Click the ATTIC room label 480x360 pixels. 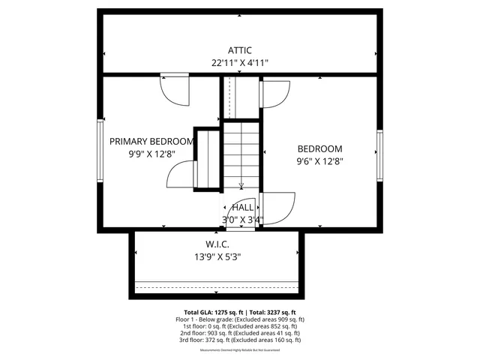point(240,50)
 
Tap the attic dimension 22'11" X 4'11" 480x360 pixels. point(240,64)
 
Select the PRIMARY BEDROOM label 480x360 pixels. point(152,141)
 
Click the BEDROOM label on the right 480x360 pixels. point(319,148)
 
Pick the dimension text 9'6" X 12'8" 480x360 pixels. point(319,160)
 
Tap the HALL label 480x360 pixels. point(242,207)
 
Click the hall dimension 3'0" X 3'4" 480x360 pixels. point(242,220)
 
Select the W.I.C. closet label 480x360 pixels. point(217,244)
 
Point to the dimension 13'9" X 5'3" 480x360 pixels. point(217,257)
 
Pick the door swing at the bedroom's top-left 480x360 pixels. point(271,94)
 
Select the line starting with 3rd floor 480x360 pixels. point(240,339)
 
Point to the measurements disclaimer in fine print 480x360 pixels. point(240,350)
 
